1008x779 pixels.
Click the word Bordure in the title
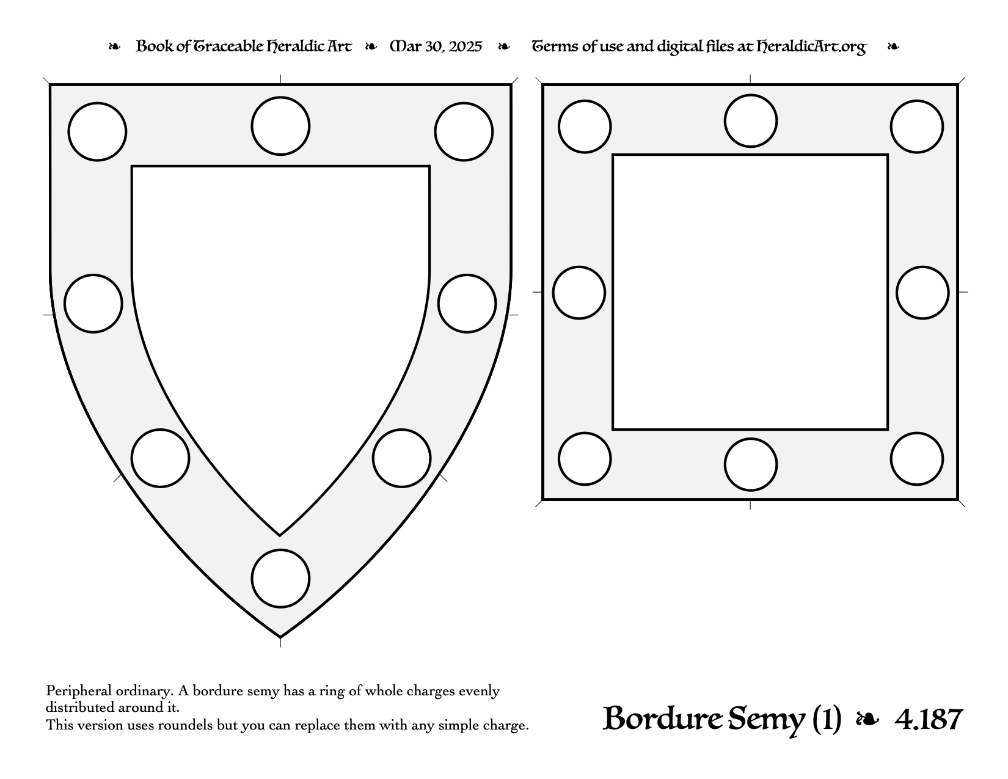pos(662,719)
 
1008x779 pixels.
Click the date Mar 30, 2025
pos(436,46)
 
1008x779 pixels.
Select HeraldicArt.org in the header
pos(811,47)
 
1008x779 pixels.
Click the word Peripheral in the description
pos(79,691)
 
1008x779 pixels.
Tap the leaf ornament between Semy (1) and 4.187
pos(867,719)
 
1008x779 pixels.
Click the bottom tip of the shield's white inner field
pos(280,535)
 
